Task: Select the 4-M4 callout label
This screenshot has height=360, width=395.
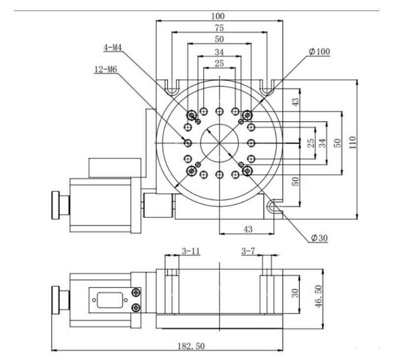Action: pyautogui.click(x=112, y=48)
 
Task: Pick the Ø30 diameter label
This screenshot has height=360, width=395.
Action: pyautogui.click(x=319, y=239)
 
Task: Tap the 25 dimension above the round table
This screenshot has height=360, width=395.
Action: pyautogui.click(x=220, y=63)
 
